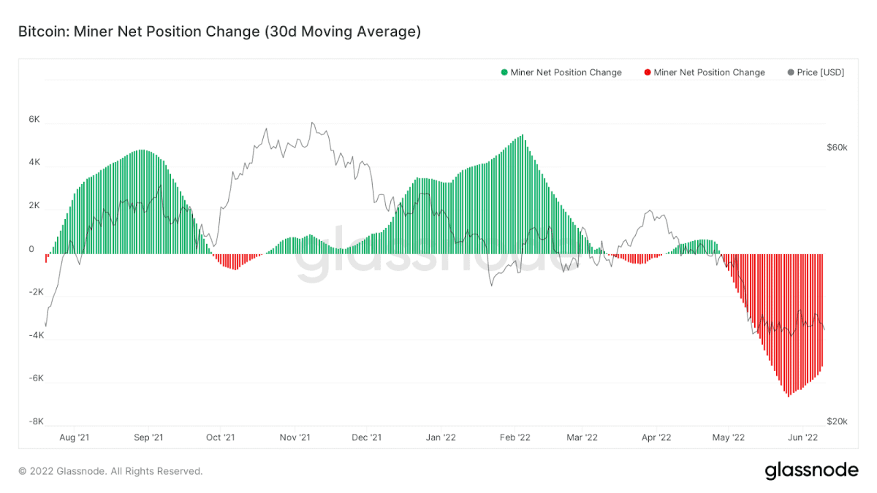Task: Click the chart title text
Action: point(220,31)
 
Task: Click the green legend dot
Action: point(504,72)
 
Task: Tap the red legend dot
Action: point(648,72)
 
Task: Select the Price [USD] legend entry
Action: point(816,72)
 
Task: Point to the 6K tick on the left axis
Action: point(34,119)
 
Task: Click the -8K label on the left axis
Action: point(36,421)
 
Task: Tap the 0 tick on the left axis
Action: point(31,249)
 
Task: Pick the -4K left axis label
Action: point(36,335)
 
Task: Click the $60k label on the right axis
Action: point(837,148)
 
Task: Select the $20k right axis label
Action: point(837,421)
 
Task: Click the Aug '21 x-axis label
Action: point(75,437)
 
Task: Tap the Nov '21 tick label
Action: point(295,437)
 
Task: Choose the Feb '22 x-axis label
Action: point(515,437)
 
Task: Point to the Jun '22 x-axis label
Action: point(802,437)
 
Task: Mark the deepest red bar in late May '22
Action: point(789,326)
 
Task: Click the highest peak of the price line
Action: point(312,123)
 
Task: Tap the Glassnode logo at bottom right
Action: point(812,470)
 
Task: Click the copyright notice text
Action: point(110,471)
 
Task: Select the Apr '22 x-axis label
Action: point(656,437)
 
